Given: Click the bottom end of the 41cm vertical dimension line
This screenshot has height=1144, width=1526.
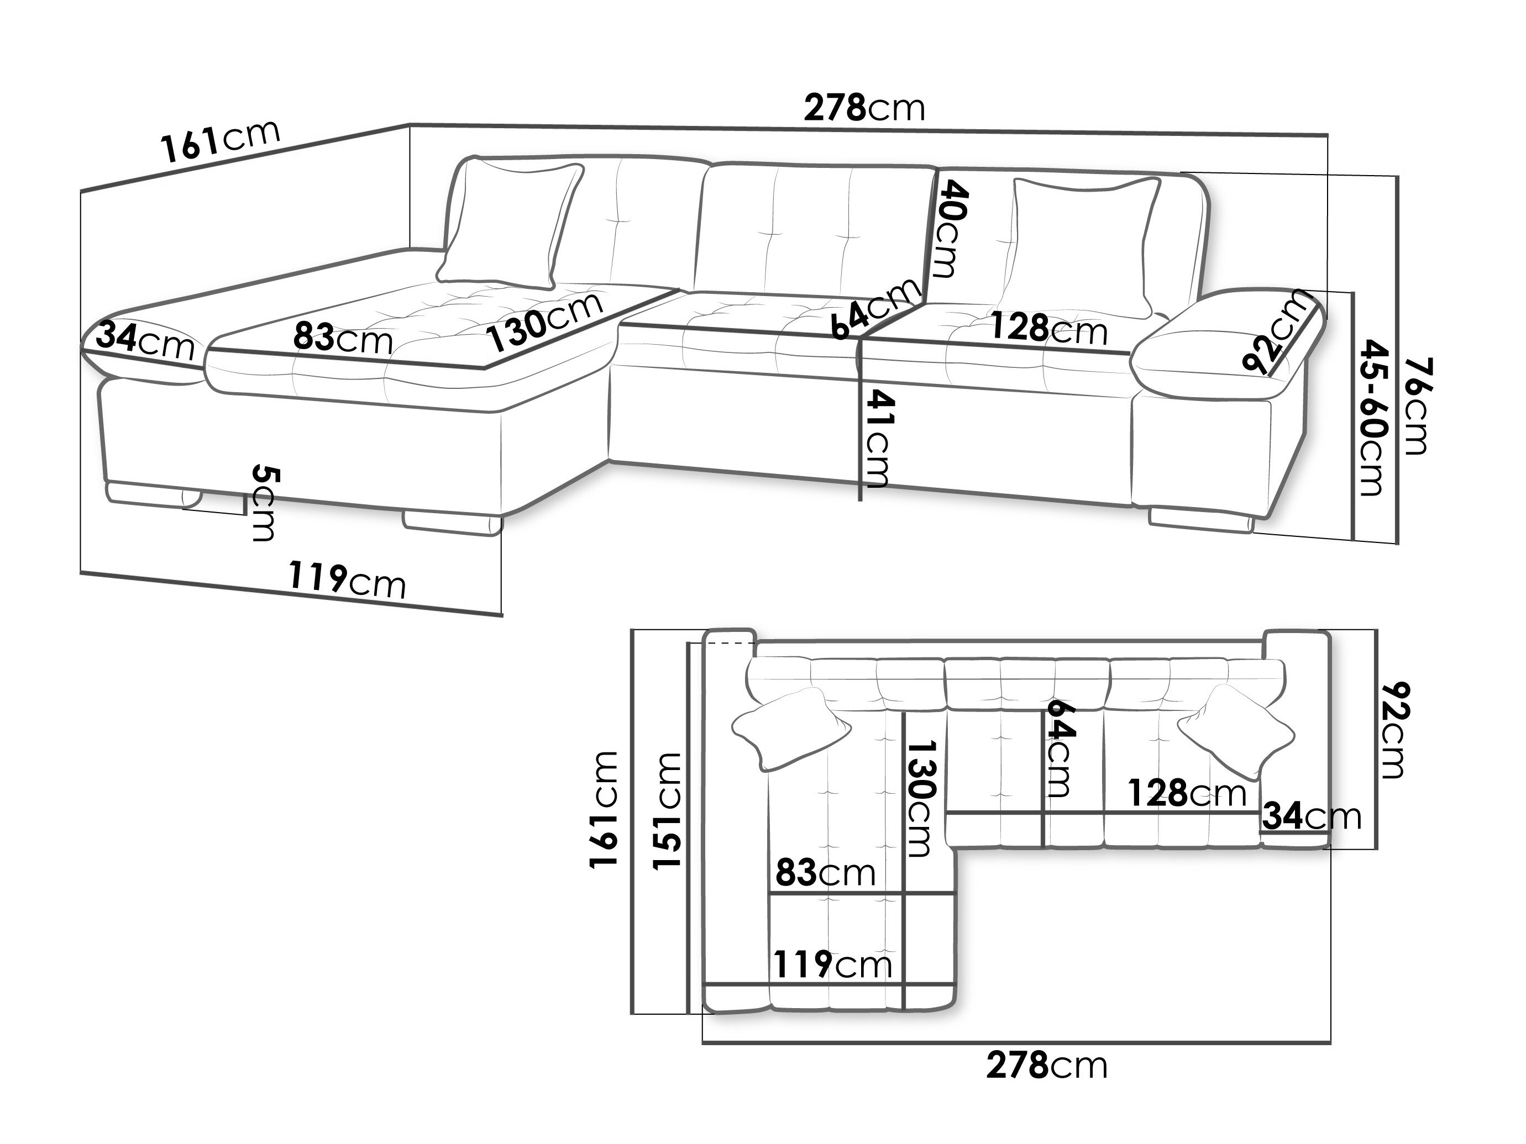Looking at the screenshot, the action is pos(859,500).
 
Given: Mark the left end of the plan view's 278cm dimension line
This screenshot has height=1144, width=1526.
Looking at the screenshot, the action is pos(703,1042).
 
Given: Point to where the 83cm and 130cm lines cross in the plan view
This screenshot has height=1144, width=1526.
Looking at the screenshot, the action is pos(903,894).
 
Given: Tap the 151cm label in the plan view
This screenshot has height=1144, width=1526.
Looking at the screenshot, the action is pos(667,811).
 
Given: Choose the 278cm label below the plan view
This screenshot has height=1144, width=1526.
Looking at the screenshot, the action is pos(1047,1066).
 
